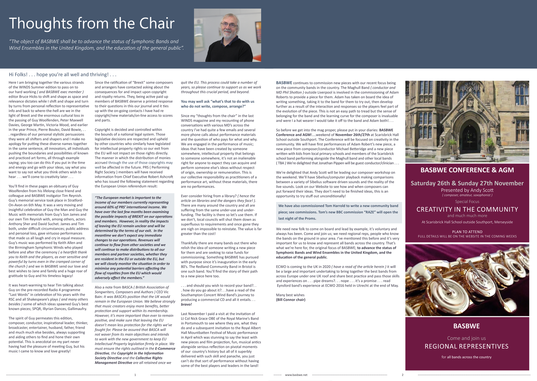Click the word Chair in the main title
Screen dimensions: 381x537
point(157,23)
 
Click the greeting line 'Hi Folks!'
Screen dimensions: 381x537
point(18,75)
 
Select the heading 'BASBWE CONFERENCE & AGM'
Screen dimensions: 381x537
point(467,170)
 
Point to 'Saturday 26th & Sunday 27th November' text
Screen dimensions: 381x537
point(467,183)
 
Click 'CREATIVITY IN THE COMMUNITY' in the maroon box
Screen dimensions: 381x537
point(467,209)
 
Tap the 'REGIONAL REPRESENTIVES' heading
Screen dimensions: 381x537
point(467,346)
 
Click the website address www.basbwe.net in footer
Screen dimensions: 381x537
point(296,375)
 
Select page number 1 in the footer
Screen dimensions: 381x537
point(135,375)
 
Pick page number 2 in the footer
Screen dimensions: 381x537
point(402,375)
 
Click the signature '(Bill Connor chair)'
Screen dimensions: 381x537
point(291,300)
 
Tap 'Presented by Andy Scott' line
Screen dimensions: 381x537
point(467,190)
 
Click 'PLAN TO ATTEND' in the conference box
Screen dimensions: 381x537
point(467,232)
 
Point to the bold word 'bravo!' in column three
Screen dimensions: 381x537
point(186,304)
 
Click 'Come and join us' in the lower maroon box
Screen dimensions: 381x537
point(467,338)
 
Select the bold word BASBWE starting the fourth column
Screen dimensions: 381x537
point(284,83)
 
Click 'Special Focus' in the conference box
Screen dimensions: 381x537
point(467,201)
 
